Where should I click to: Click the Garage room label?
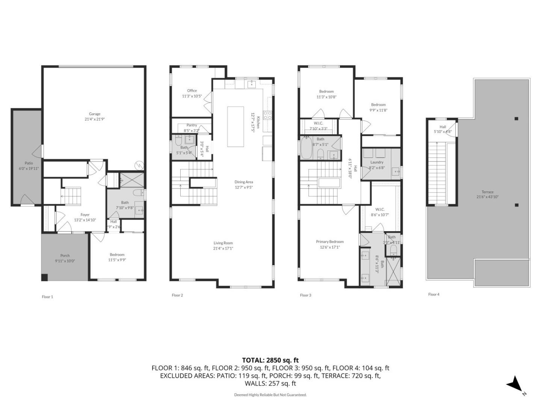pyautogui.click(x=95, y=114)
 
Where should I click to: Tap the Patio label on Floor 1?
pyautogui.click(x=29, y=163)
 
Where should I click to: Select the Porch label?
pyautogui.click(x=65, y=256)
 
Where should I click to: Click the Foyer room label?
pyautogui.click(x=85, y=215)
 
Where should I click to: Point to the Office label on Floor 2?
pyautogui.click(x=192, y=91)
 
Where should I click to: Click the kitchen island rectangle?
pyautogui.click(x=235, y=126)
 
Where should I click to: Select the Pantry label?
pyautogui.click(x=192, y=125)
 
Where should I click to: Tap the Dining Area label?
pyautogui.click(x=244, y=182)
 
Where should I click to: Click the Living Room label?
pyautogui.click(x=223, y=243)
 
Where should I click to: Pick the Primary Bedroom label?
pyautogui.click(x=329, y=242)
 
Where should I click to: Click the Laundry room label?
pyautogui.click(x=376, y=162)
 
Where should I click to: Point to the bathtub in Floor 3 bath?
pyautogui.click(x=306, y=148)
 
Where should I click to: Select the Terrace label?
pyautogui.click(x=488, y=192)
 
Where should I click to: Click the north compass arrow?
pyautogui.click(x=514, y=384)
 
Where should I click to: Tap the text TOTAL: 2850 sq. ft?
pyautogui.click(x=270, y=360)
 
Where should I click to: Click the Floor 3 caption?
pyautogui.click(x=305, y=295)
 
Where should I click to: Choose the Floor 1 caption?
pyautogui.click(x=47, y=297)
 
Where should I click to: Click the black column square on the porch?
pyautogui.click(x=44, y=277)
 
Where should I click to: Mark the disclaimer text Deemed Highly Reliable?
pyautogui.click(x=270, y=395)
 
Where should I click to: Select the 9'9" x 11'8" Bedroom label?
pyautogui.click(x=378, y=105)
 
